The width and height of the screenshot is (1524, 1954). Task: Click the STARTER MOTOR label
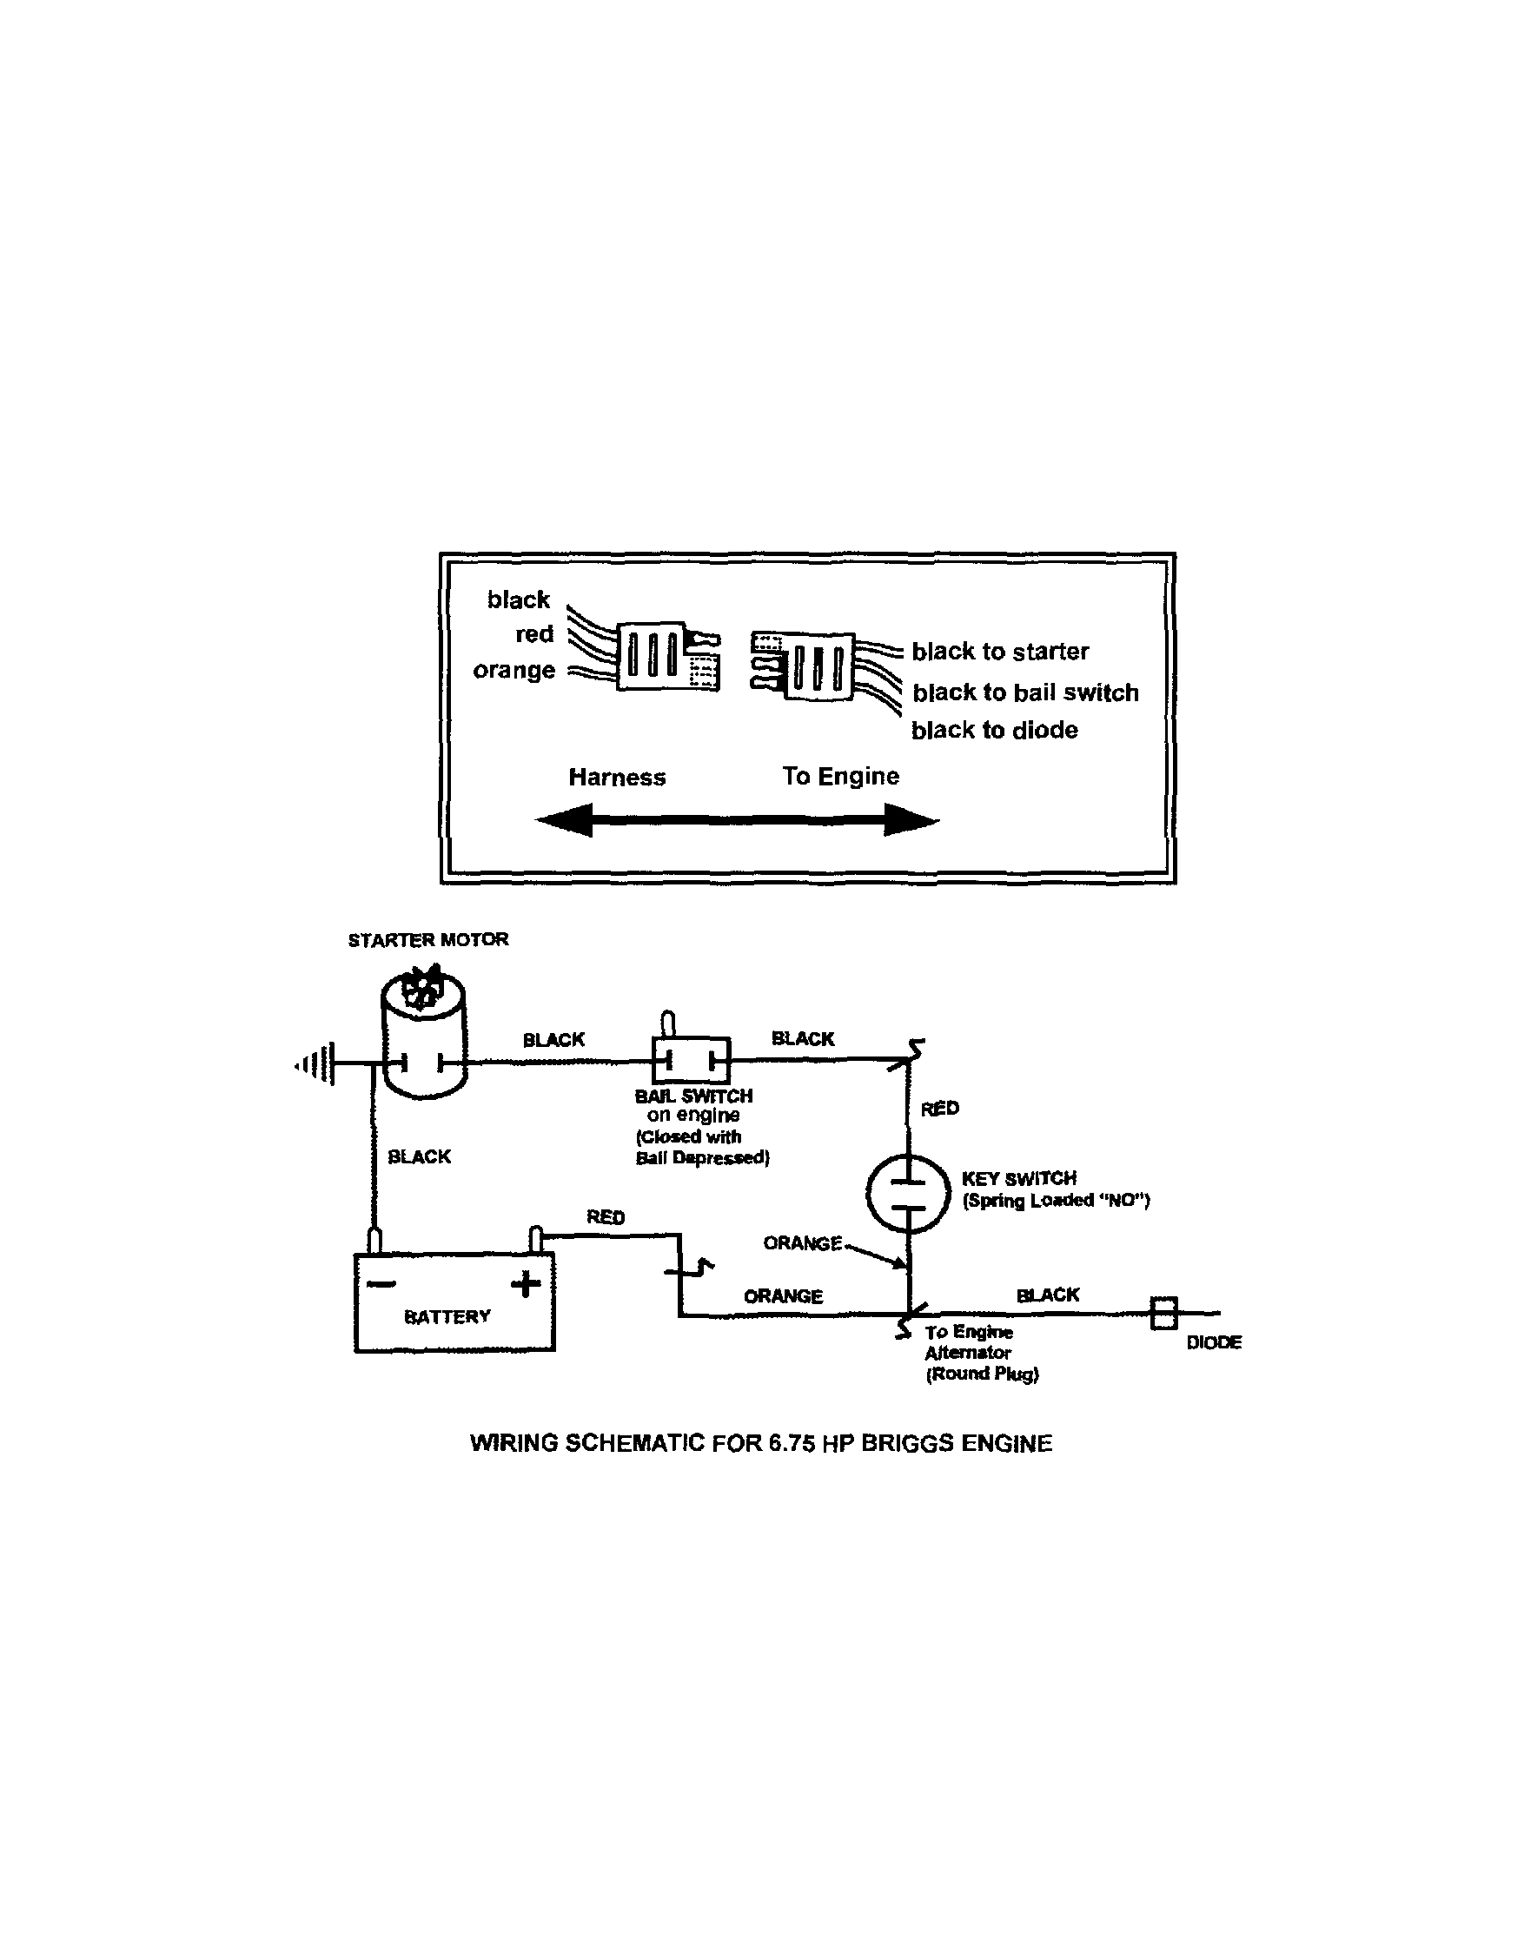pyautogui.click(x=427, y=939)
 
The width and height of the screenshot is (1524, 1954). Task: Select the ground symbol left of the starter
pyautogui.click(x=319, y=1063)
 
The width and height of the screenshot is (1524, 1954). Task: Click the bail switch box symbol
pyautogui.click(x=691, y=1061)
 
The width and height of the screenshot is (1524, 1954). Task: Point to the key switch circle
pyautogui.click(x=907, y=1195)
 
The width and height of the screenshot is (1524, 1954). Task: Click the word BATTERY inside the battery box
pyautogui.click(x=447, y=1316)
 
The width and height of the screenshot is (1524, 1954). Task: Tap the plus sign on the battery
pyautogui.click(x=526, y=1285)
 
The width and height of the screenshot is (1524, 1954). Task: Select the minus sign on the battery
pyautogui.click(x=381, y=1285)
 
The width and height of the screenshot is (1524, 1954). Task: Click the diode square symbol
pyautogui.click(x=1163, y=1314)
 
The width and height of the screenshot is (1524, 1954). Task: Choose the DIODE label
pyautogui.click(x=1214, y=1342)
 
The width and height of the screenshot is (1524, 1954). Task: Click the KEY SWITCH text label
pyautogui.click(x=1018, y=1178)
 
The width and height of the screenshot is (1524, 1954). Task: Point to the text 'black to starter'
pyautogui.click(x=999, y=652)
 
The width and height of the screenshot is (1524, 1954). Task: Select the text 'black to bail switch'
pyautogui.click(x=1024, y=692)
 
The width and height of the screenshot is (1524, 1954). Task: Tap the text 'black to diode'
pyautogui.click(x=994, y=730)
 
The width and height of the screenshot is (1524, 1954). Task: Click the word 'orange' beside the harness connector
pyautogui.click(x=514, y=670)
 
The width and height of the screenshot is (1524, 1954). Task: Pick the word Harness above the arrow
pyautogui.click(x=617, y=778)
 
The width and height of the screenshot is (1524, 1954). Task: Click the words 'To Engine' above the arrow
pyautogui.click(x=840, y=776)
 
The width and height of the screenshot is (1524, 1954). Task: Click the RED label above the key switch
pyautogui.click(x=939, y=1109)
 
